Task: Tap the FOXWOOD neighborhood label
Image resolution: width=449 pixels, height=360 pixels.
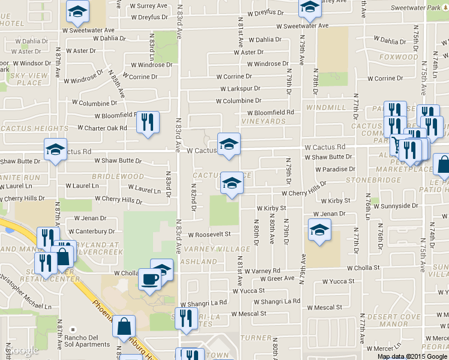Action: [399, 57]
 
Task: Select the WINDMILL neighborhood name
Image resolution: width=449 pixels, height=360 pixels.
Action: [326, 107]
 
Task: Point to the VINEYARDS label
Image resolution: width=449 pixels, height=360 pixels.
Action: [266, 121]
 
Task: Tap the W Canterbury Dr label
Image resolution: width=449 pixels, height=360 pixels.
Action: [91, 231]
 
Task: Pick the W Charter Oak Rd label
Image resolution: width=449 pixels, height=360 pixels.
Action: [102, 128]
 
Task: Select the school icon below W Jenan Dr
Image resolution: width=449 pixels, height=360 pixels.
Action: [319, 229]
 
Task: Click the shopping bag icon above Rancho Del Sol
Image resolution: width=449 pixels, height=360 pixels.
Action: [124, 326]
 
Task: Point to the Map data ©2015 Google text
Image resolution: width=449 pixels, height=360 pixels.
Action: [412, 356]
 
